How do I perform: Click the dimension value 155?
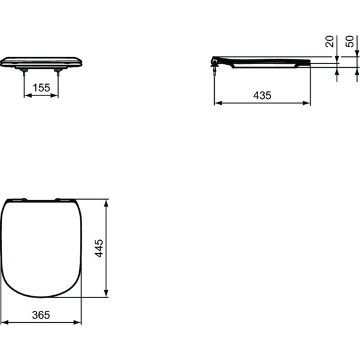click(x=41, y=88)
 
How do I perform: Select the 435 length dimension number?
click(x=262, y=95)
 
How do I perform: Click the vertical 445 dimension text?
click(x=100, y=248)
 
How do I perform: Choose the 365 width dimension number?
click(x=41, y=314)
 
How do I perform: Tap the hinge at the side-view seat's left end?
click(x=215, y=62)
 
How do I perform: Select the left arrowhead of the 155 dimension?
click(x=26, y=95)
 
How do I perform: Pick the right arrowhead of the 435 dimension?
click(x=308, y=103)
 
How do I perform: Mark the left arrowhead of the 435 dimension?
click(x=217, y=103)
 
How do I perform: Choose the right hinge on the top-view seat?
click(x=62, y=199)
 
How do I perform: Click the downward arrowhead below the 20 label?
click(x=337, y=61)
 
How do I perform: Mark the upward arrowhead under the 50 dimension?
click(x=337, y=71)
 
